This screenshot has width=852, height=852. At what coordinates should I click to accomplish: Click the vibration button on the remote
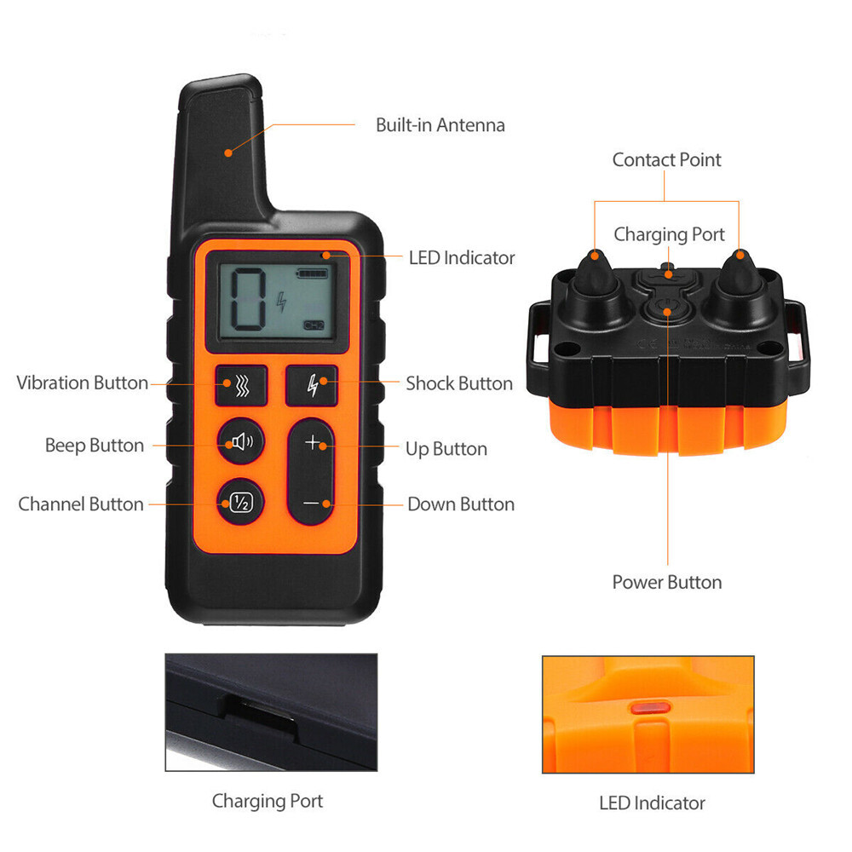coord(241,385)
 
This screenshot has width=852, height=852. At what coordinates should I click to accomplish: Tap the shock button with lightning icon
coord(311,385)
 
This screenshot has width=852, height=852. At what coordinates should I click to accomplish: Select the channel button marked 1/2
coord(240,503)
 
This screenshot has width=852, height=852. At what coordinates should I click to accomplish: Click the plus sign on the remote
coord(313,442)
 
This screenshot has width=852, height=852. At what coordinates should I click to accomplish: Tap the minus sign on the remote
coord(312,504)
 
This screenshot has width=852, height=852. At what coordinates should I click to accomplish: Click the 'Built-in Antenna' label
coord(440,125)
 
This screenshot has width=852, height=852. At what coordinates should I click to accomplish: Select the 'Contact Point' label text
coord(666,160)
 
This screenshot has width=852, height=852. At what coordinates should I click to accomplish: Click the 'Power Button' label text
coord(666,583)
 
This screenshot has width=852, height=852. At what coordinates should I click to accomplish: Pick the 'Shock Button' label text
coord(459,383)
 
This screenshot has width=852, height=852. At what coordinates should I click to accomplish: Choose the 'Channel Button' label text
coord(81,504)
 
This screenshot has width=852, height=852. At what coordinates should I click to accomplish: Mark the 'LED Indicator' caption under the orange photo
coord(652,803)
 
